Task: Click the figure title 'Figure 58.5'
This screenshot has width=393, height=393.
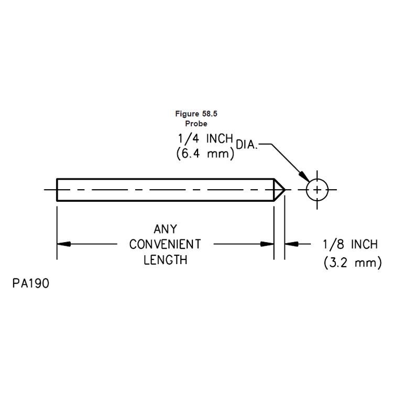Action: coord(195,114)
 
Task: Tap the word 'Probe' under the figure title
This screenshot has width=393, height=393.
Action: coord(196,124)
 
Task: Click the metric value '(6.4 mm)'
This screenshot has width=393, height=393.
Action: coord(205,156)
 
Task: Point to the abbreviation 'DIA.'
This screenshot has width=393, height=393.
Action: coord(246,145)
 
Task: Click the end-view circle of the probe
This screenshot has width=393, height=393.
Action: coord(316,189)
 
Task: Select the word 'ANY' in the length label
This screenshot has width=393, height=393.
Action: coord(165,230)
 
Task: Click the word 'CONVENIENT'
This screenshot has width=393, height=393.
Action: coord(165,244)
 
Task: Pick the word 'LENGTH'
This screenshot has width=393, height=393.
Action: coord(165,259)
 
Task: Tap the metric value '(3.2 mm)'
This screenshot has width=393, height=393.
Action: coord(352,263)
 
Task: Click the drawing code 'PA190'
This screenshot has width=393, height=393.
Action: coord(31,284)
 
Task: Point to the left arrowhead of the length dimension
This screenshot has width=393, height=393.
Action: coord(63,244)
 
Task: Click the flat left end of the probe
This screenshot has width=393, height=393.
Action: coord(57,189)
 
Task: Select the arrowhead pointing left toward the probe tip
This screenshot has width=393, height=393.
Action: coord(291,244)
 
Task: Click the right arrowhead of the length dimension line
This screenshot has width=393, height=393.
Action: coord(268,244)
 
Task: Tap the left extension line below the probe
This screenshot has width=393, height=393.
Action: coord(57,231)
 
